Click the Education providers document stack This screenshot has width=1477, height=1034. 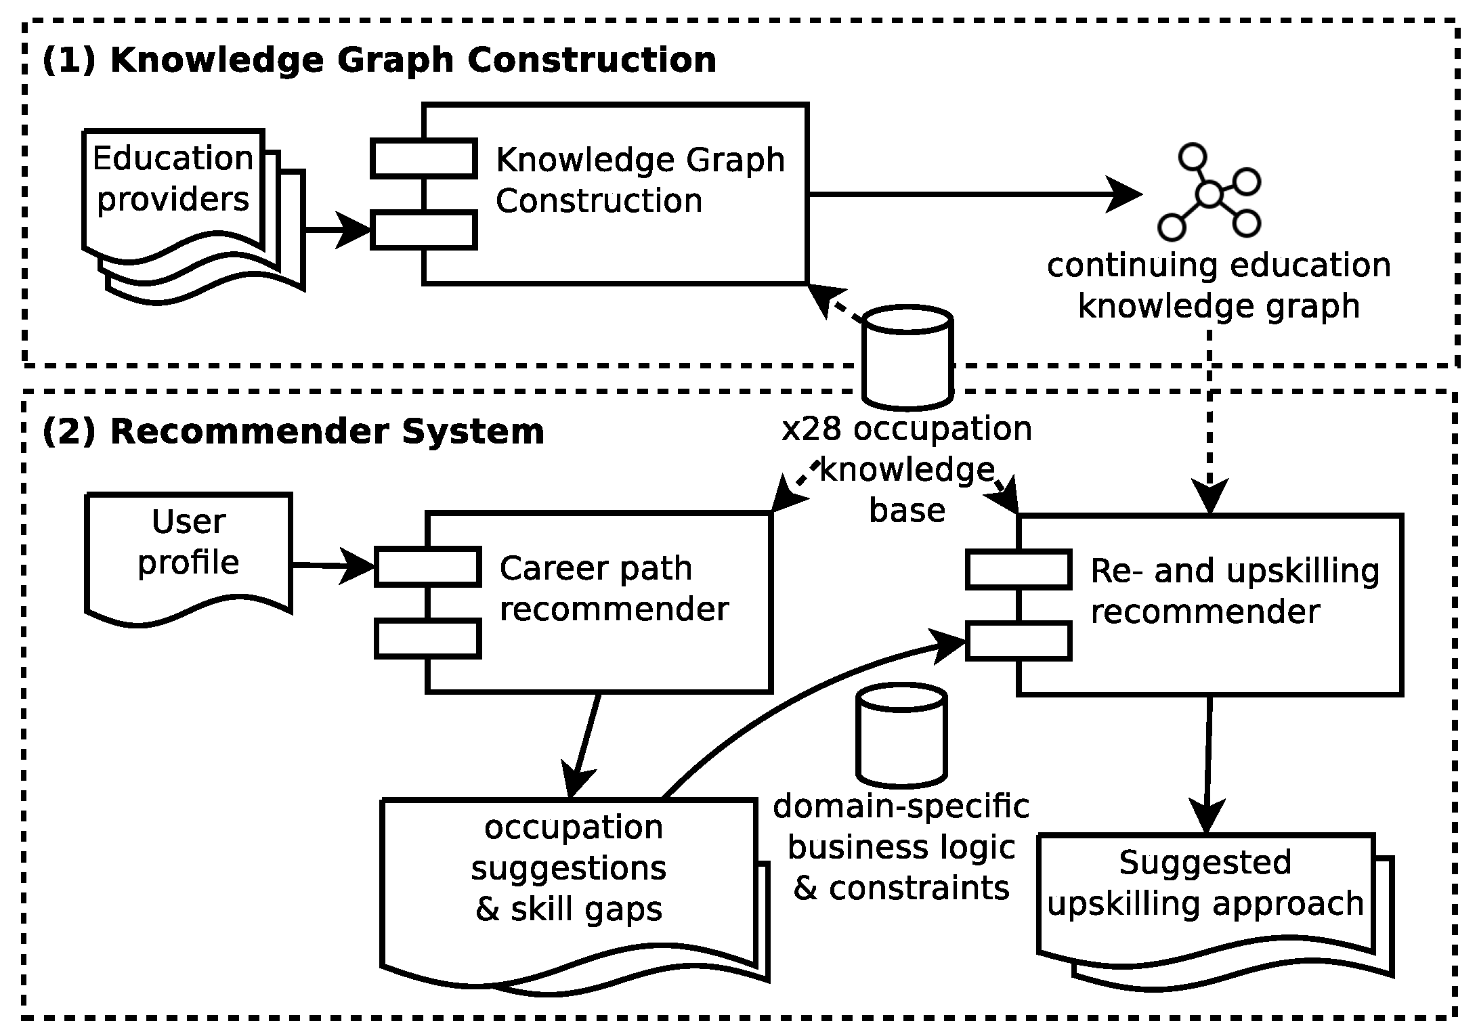coord(183,203)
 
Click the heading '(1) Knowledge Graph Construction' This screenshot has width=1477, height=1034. coord(379,60)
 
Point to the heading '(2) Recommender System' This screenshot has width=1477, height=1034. coord(293,432)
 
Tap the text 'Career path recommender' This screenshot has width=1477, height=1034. coord(613,588)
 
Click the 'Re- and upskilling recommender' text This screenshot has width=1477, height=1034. coord(1234,591)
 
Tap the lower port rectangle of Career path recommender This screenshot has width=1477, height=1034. coord(428,639)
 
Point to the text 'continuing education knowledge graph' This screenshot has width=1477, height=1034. coord(1219,286)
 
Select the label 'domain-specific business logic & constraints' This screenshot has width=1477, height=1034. coord(901,848)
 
